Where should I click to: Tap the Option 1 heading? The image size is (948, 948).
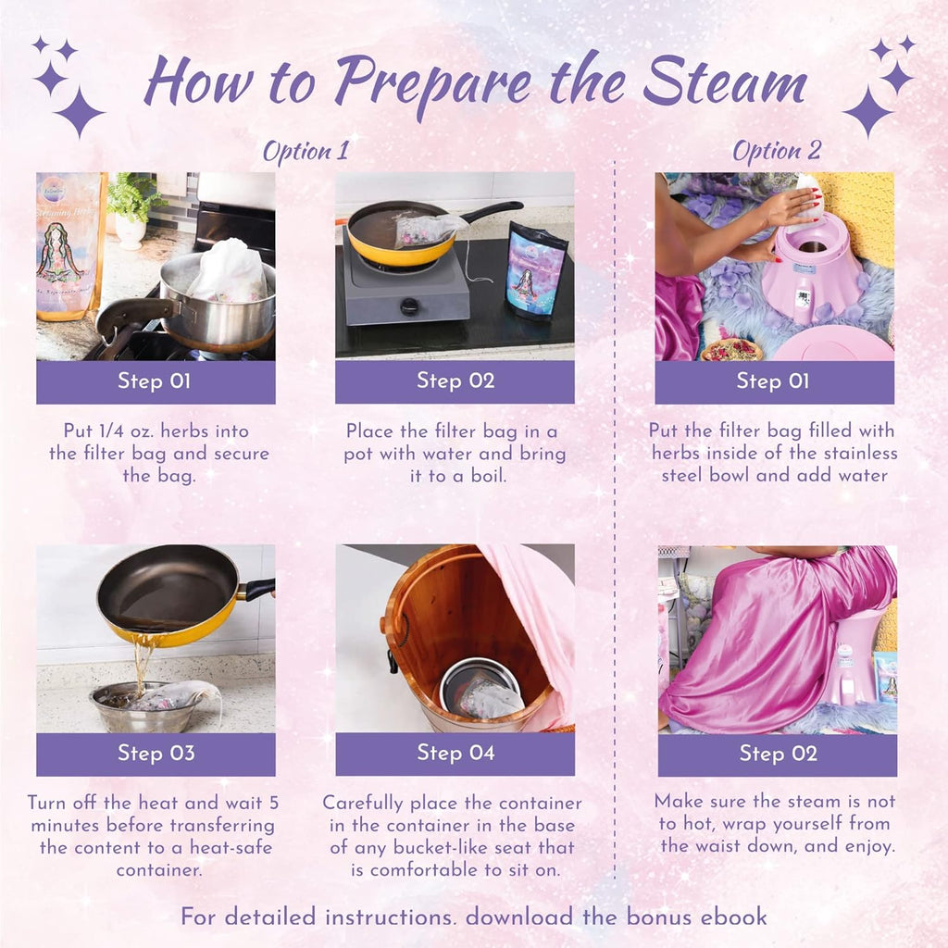(x=306, y=151)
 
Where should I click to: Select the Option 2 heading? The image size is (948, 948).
(x=776, y=151)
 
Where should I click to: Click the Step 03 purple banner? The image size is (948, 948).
(x=156, y=754)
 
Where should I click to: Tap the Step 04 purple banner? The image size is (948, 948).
(x=455, y=754)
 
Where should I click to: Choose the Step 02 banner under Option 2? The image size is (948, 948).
(x=777, y=754)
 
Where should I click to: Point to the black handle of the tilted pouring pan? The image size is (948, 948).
(x=256, y=589)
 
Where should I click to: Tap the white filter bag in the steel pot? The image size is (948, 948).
(x=228, y=271)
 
